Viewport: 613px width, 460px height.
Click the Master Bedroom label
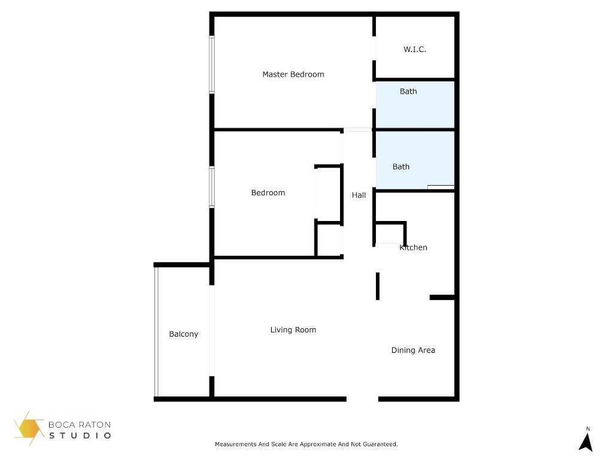click(x=293, y=75)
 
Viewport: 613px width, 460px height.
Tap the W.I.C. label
click(x=415, y=50)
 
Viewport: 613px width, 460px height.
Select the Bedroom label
click(x=268, y=193)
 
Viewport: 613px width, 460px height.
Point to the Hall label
click(x=359, y=195)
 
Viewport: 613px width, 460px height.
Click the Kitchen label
click(x=414, y=247)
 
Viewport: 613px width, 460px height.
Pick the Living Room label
click(x=293, y=330)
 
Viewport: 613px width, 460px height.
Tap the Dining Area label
click(x=413, y=350)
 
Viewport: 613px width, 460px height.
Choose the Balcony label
click(x=184, y=334)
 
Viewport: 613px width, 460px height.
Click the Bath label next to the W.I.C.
click(x=408, y=92)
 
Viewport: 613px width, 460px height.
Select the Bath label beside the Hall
click(x=401, y=167)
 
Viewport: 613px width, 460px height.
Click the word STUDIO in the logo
click(x=80, y=435)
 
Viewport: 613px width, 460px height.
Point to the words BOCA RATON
click(x=80, y=425)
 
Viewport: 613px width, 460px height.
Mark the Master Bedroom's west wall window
click(x=212, y=65)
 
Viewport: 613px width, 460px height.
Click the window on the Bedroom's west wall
click(x=212, y=187)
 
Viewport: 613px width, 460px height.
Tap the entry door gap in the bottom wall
click(x=362, y=399)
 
